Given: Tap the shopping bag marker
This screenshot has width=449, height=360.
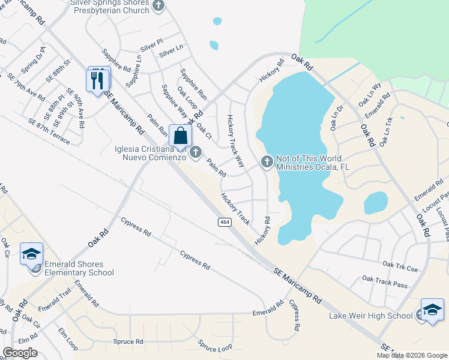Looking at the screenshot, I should [179, 136].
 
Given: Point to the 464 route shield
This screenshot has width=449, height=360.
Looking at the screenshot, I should [223, 222].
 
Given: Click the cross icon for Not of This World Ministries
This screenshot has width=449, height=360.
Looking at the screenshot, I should [267, 161].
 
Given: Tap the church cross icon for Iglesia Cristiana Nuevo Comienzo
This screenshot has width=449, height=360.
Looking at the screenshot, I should [195, 153].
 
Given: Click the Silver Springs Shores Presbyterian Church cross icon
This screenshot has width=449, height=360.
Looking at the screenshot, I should [158, 6].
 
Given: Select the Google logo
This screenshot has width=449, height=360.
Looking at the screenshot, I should [20, 352].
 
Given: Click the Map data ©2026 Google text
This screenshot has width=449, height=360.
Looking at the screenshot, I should [412, 355].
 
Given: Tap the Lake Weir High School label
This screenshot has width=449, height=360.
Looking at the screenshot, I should [370, 316].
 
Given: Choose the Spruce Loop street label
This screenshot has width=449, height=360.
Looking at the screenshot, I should [215, 347].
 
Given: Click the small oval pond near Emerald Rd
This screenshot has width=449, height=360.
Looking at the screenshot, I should [376, 203].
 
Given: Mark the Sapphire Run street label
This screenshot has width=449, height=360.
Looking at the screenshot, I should [193, 83].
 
